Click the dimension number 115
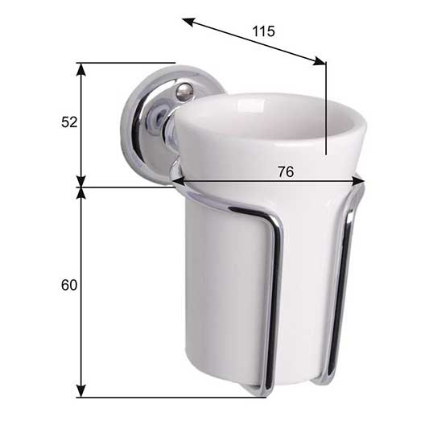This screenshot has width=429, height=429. point(264,31)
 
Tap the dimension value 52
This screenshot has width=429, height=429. point(69,122)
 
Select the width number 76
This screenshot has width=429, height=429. point(286,171)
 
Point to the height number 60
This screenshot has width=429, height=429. point(69,286)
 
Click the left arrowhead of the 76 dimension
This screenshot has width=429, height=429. point(179,181)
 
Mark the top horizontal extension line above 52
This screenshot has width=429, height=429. point(129,62)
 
